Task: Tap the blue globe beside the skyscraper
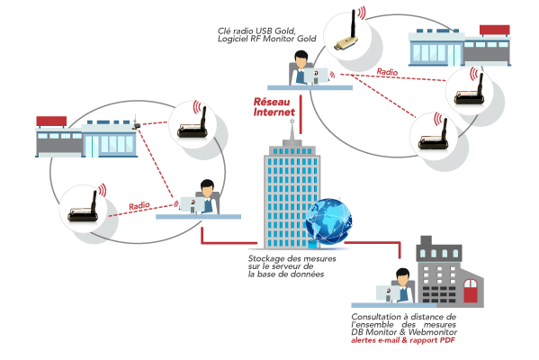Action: [x=329, y=220]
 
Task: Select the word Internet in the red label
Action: [x=274, y=112]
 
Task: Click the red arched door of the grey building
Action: [x=471, y=291]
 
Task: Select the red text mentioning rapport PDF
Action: [x=402, y=340]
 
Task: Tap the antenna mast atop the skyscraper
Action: [x=292, y=130]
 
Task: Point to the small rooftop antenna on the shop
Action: [x=136, y=121]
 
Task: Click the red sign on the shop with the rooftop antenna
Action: [x=51, y=121]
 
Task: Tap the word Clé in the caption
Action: [x=223, y=31]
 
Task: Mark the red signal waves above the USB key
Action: [x=361, y=13]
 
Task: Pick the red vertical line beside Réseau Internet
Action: [x=301, y=114]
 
